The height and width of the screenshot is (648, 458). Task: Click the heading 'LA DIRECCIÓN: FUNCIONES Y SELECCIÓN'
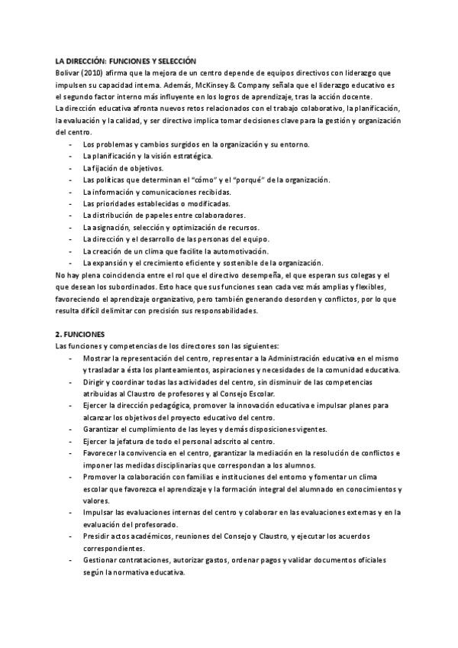(127, 60)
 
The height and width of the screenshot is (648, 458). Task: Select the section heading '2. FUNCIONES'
(81, 334)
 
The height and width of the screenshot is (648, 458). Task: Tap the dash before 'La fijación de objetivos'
(71, 167)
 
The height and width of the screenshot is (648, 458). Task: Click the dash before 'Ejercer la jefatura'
(71, 442)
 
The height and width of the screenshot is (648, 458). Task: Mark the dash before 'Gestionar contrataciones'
(71, 561)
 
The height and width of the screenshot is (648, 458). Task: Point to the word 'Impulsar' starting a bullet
(99, 513)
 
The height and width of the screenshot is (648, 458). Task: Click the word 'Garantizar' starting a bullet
(103, 429)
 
